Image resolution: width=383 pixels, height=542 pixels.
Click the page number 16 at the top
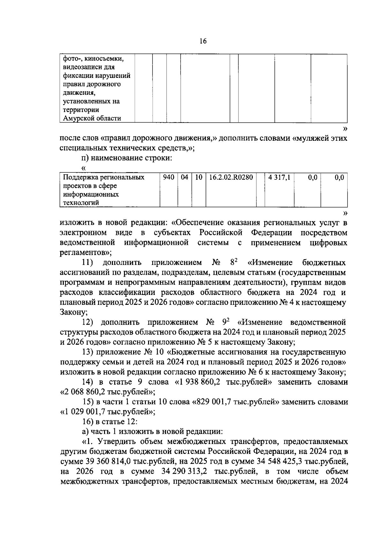(x=203, y=41)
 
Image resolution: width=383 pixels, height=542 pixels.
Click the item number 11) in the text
(x=87, y=263)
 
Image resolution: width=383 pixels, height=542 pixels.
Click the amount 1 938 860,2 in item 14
(x=200, y=382)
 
